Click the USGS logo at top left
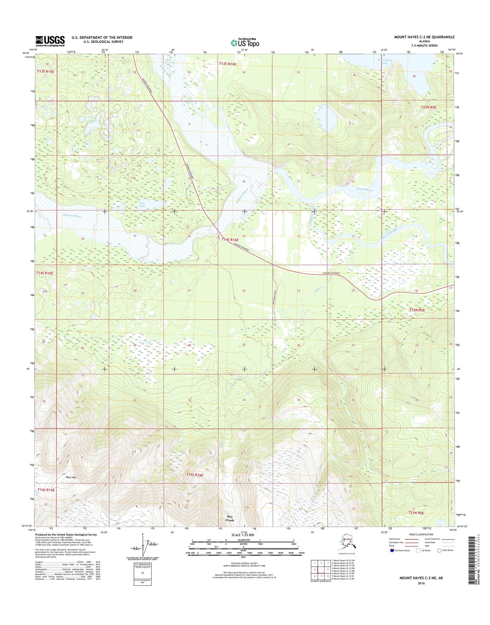click(x=50, y=41)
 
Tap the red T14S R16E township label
click(x=232, y=240)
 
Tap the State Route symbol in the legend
click(x=440, y=550)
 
